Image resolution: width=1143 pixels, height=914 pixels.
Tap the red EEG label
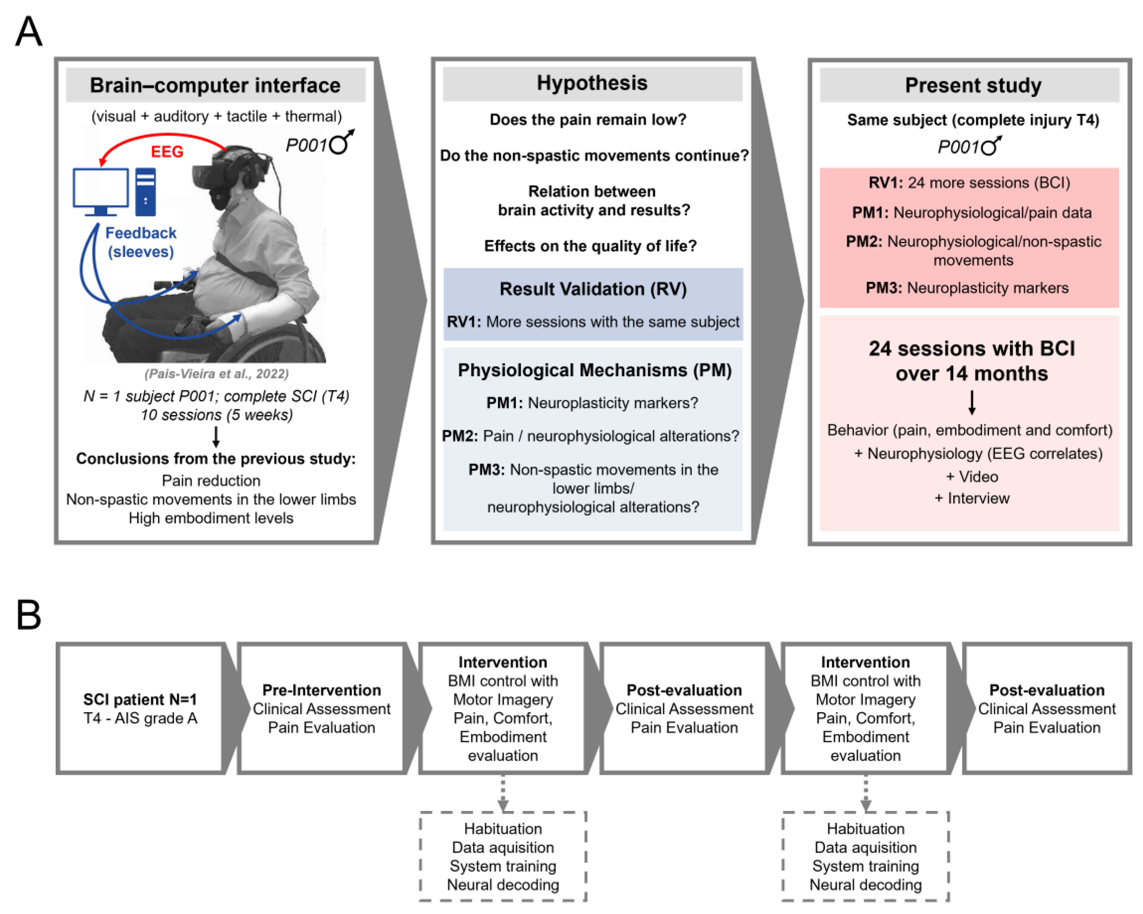click(x=167, y=152)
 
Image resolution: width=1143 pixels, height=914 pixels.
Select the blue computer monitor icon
click(x=101, y=190)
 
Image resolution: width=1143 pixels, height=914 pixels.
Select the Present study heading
click(x=972, y=85)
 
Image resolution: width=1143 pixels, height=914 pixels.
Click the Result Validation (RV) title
click(x=593, y=289)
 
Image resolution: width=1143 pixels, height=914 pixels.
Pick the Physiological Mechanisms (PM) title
click(x=594, y=370)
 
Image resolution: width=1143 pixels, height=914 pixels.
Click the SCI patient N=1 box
click(x=140, y=708)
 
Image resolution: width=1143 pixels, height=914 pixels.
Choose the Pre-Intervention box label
click(x=321, y=690)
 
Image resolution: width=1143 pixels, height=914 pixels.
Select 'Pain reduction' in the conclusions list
click(x=211, y=480)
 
